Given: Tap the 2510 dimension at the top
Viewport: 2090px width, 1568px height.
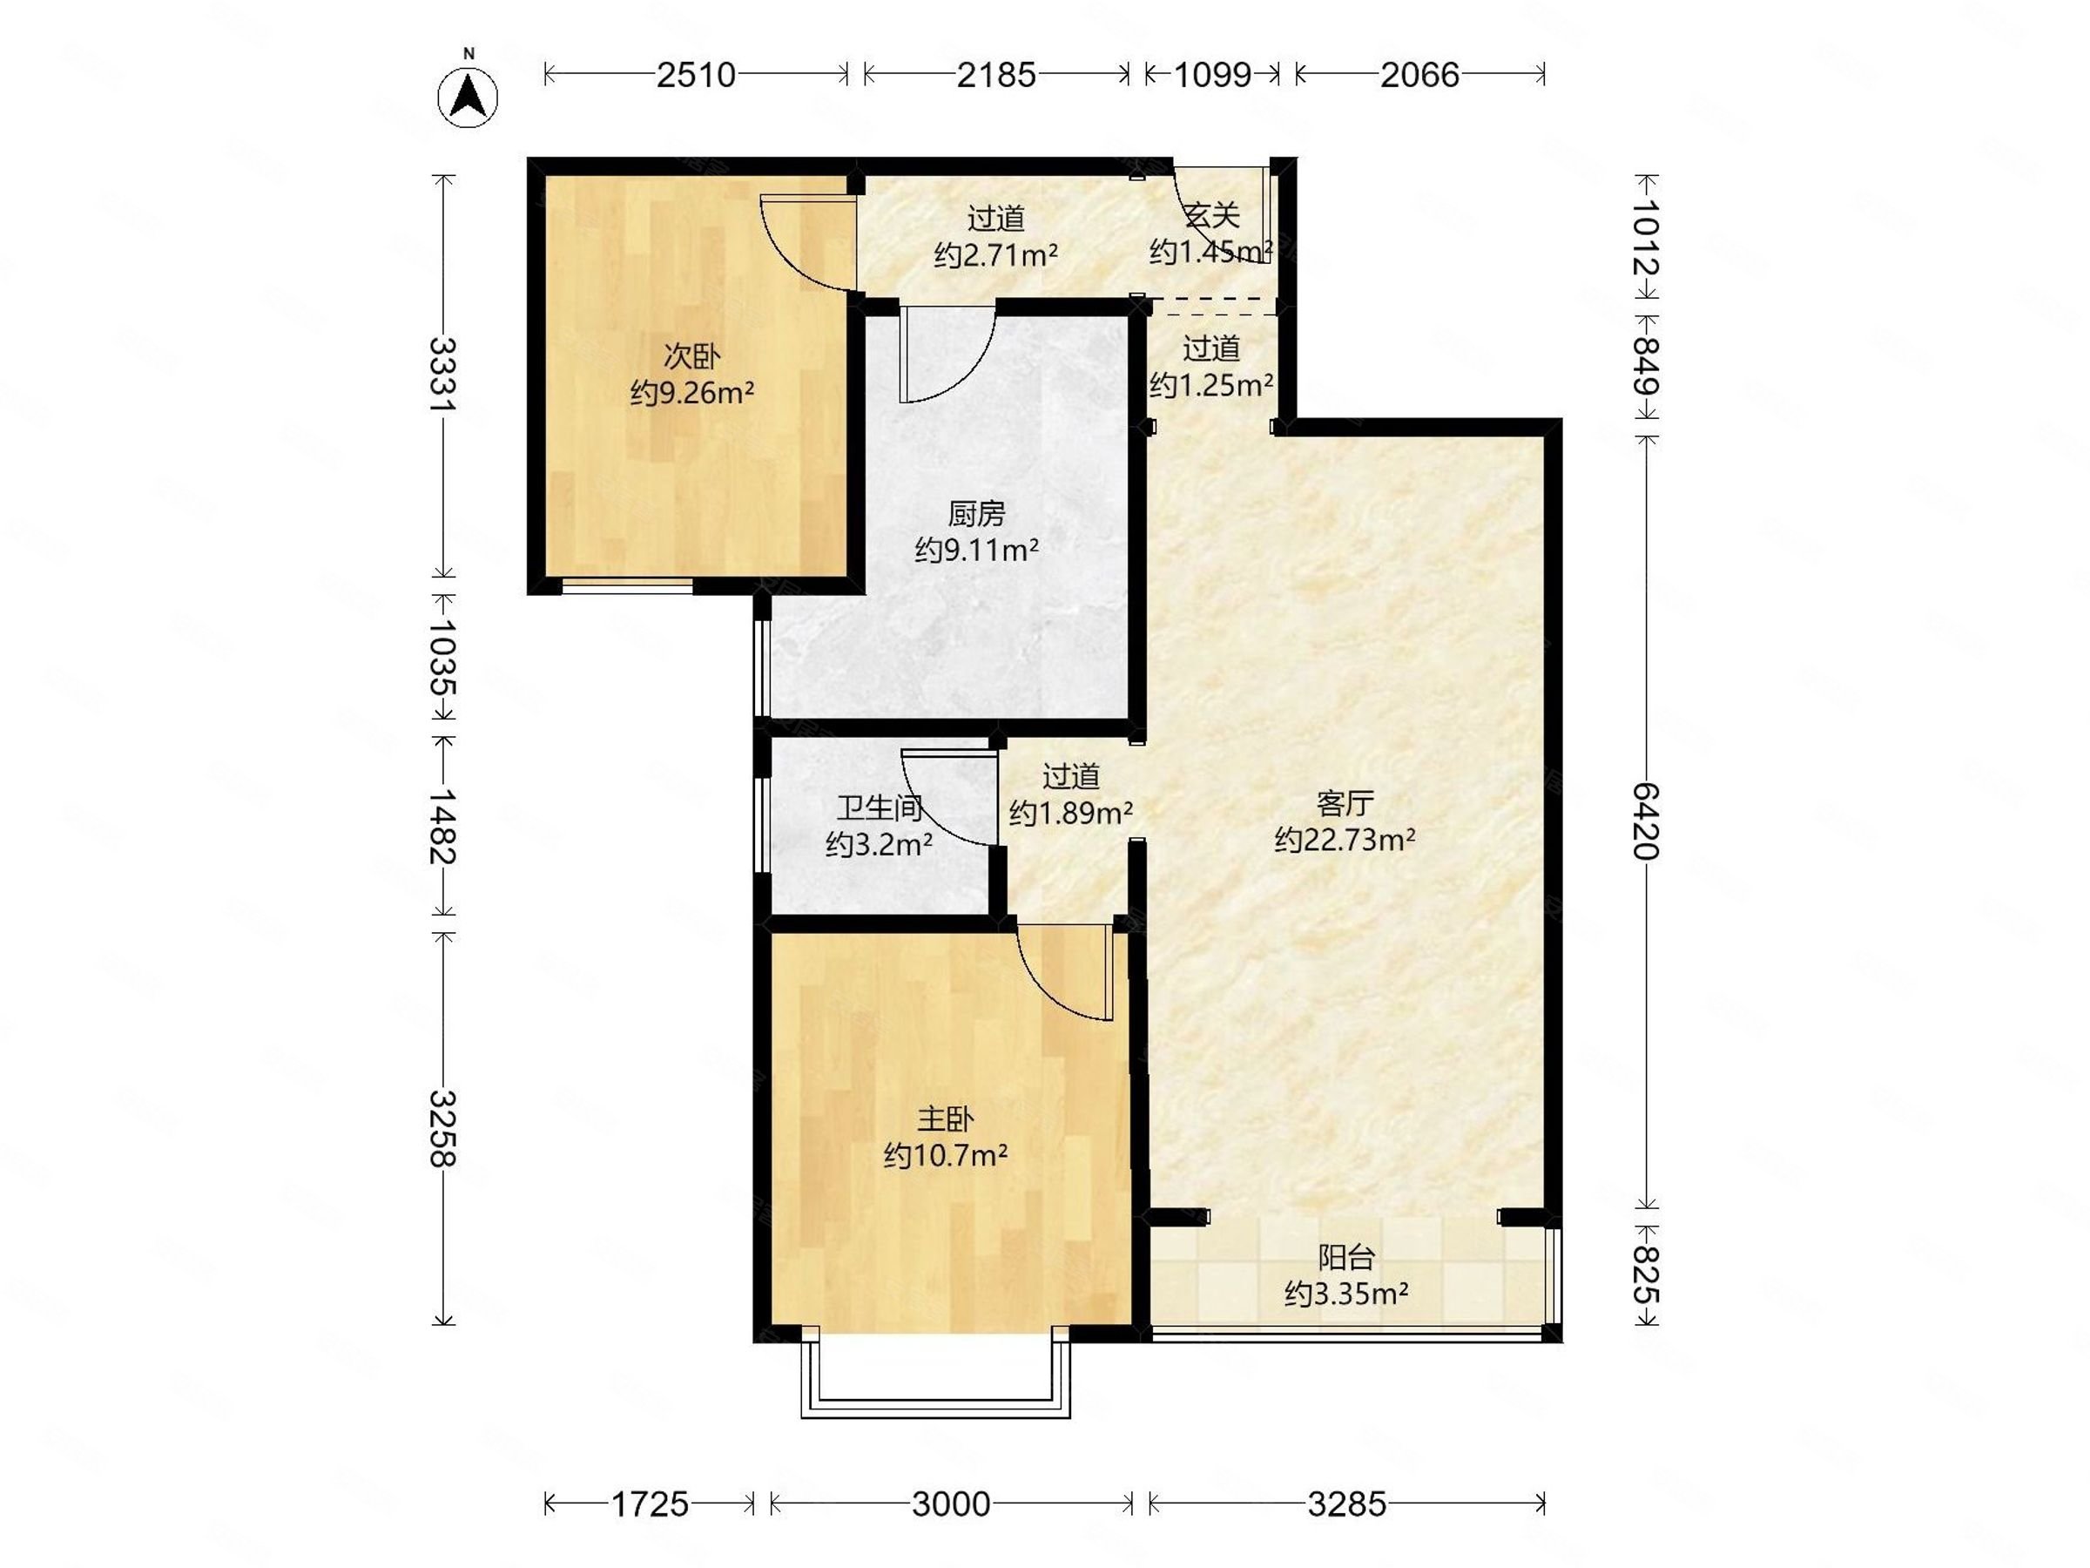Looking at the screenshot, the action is pos(696,74).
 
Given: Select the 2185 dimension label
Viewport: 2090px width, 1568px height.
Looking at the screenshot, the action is pos(996,74).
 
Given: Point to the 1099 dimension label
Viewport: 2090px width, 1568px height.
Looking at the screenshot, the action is pos(1212,74).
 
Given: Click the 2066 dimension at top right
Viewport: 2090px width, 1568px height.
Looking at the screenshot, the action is pos(1419,74).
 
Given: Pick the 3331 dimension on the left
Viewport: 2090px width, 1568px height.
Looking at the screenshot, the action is pos(442,374).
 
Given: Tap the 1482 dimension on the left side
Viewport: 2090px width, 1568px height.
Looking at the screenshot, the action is pos(442,827).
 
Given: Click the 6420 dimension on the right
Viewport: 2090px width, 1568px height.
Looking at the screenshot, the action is pos(1646,821).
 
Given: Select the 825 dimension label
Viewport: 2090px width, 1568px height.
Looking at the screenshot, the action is pos(1646,1275).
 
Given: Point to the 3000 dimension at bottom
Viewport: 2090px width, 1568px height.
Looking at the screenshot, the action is pos(951,1504).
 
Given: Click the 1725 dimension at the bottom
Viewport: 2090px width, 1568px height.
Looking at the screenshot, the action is pos(650,1504).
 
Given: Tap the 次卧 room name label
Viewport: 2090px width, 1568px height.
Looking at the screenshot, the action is pos(691,356).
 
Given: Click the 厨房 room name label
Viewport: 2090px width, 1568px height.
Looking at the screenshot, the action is pos(976,514).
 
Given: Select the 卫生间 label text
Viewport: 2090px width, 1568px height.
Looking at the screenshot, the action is pos(879,808).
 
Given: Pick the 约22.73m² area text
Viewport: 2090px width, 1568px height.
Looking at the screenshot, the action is pos(1345,839).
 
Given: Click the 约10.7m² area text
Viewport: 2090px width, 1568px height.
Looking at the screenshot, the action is pos(945,1155).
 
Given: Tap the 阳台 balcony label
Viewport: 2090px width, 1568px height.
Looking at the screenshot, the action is pos(1345,1258).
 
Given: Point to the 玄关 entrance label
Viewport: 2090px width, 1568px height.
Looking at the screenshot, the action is pos(1211,216).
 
